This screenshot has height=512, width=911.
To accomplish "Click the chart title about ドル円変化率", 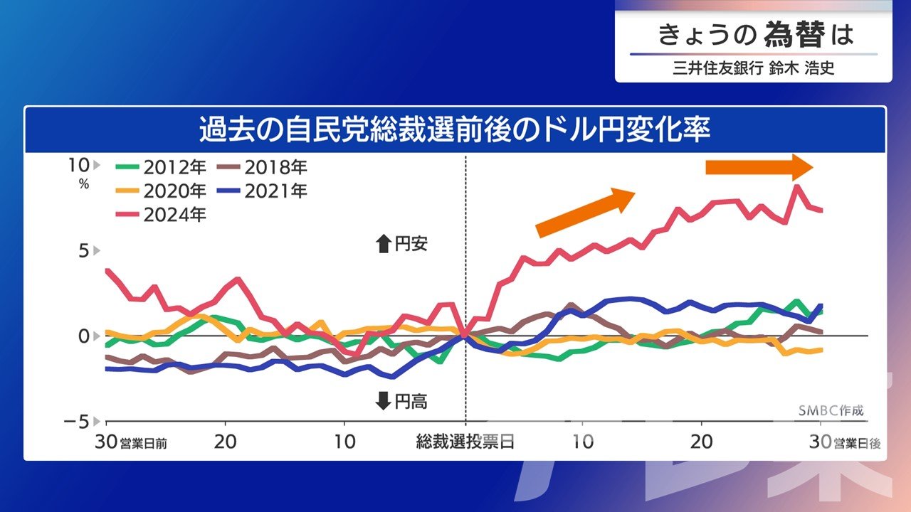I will pyautogui.click(x=455, y=130).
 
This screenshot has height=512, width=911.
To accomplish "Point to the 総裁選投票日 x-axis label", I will pyautogui.click(x=465, y=442).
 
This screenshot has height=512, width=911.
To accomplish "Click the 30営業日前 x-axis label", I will pyautogui.click(x=132, y=442).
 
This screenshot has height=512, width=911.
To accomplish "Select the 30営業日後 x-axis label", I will pyautogui.click(x=847, y=442).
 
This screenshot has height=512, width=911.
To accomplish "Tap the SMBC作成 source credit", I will pyautogui.click(x=829, y=412).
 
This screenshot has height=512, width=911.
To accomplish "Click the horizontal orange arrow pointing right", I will pyautogui.click(x=759, y=167).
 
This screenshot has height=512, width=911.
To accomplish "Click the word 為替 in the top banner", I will pyautogui.click(x=796, y=34).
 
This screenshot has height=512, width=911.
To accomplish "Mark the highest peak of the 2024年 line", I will pyautogui.click(x=798, y=187).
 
